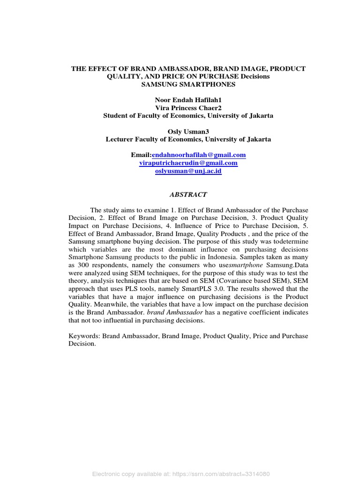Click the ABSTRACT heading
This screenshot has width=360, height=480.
(188, 194)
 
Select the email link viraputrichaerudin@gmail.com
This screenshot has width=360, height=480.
(188, 163)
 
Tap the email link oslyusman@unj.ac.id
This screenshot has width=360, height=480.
(188, 171)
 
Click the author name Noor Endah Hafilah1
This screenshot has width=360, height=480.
(188, 100)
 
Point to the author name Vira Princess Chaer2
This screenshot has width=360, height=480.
(188, 108)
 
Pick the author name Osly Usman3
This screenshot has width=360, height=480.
(188, 132)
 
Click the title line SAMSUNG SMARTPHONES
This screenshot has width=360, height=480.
(188, 84)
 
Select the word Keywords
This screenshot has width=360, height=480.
(83, 336)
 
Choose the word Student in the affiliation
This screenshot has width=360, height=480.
(115, 116)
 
